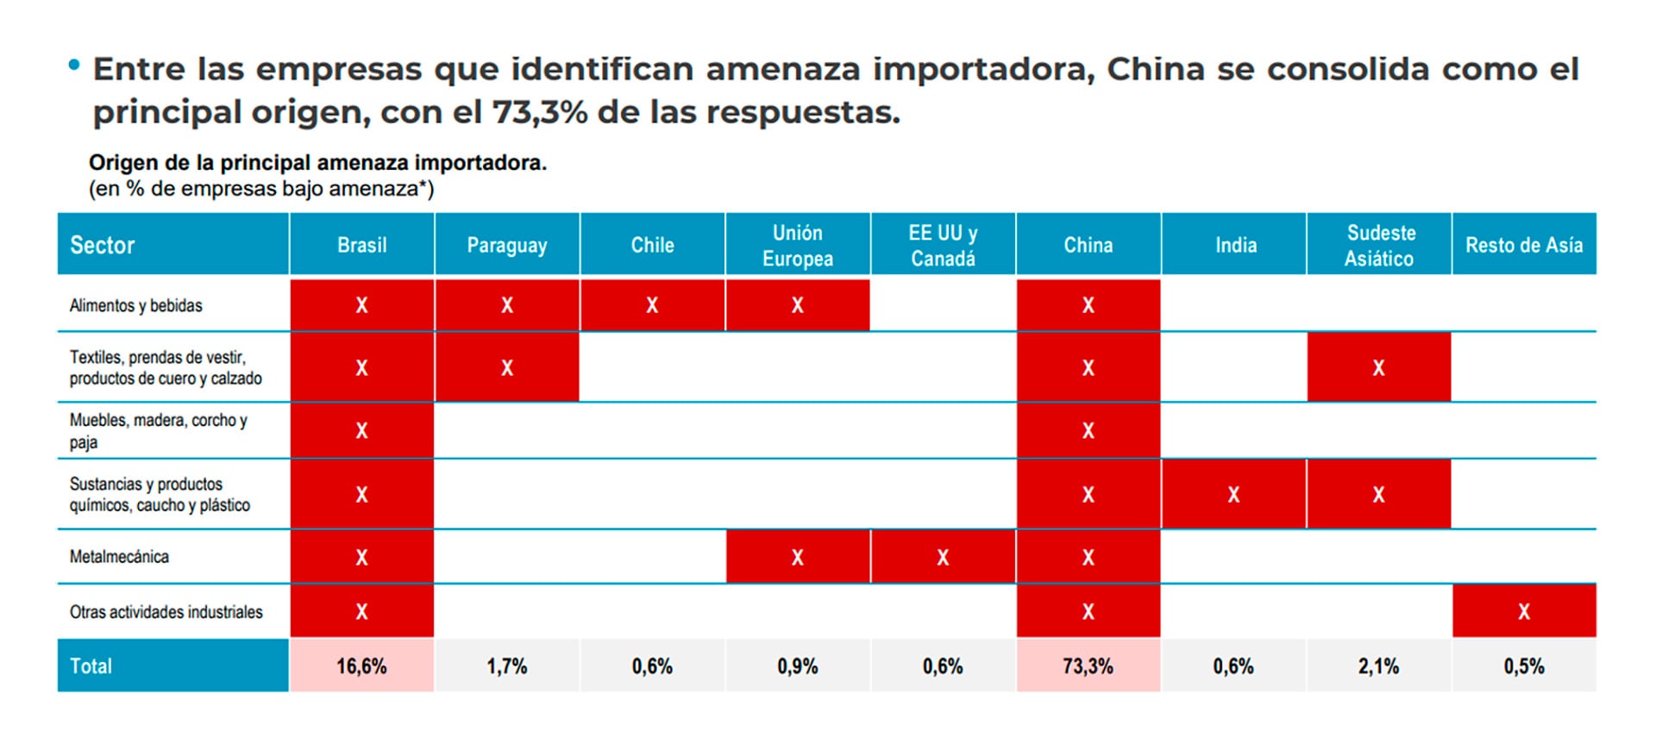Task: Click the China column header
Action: coord(1088,245)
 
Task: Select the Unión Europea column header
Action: coord(797,245)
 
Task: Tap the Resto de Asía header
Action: coord(1523,245)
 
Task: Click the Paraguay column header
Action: coord(506,245)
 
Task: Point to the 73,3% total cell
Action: coord(1088,666)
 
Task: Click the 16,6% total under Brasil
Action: coord(361,666)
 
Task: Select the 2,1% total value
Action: coord(1378,666)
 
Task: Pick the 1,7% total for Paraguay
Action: coord(506,666)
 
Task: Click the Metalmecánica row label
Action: coord(119,557)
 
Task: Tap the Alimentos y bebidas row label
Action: coord(135,305)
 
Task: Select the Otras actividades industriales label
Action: coord(166,612)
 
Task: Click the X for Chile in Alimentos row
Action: coord(652,305)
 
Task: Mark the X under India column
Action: coord(1233,495)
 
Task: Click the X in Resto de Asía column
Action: coord(1523,612)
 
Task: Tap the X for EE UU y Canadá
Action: coord(943,558)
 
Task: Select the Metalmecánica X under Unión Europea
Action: coord(797,558)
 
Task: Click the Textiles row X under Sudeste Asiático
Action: coord(1378,368)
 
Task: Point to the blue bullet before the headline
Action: coord(74,65)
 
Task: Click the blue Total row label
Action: coord(91,666)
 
